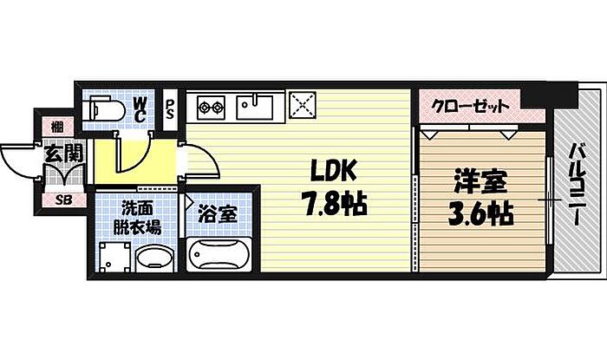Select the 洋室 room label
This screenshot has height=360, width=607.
[x=479, y=185]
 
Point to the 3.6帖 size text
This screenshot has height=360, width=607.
[x=479, y=213]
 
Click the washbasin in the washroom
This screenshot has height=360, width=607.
[x=153, y=258]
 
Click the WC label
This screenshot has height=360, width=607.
[x=140, y=110]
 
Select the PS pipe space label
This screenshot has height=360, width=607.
[x=170, y=110]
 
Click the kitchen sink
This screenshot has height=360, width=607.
[x=255, y=108]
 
